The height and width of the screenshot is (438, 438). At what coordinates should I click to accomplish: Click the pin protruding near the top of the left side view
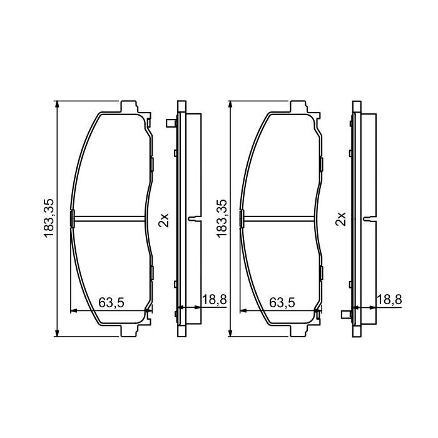coord(170,124)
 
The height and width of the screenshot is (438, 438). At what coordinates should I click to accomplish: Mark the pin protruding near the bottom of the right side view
coord(345,315)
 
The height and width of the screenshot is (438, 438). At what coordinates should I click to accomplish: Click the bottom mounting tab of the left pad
coord(130,330)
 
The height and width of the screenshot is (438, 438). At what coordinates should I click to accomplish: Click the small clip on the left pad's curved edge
coord(73,218)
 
